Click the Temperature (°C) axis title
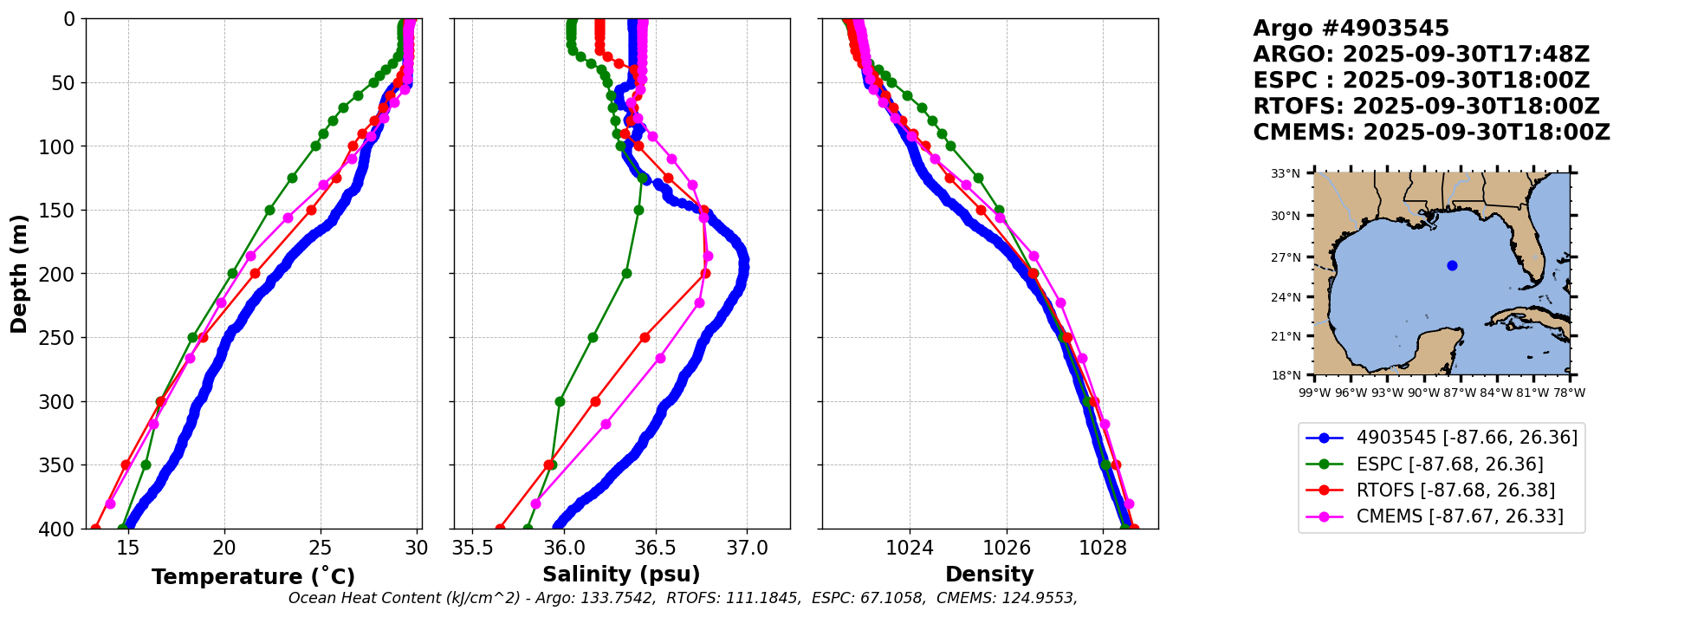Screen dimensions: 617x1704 click(x=253, y=577)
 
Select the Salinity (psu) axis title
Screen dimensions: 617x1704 click(x=621, y=575)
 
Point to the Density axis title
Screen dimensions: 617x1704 click(x=989, y=575)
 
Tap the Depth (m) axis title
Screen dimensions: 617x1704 click(x=19, y=274)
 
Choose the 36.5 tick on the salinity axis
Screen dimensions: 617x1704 click(x=655, y=548)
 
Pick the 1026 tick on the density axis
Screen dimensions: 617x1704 click(x=1007, y=548)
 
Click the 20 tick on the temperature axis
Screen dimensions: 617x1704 click(x=224, y=548)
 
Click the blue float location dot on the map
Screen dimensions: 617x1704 click(x=1452, y=265)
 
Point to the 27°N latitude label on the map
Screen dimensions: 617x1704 click(x=1286, y=257)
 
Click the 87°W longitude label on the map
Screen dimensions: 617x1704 click(x=1460, y=393)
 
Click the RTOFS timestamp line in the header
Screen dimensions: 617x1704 click(x=1426, y=107)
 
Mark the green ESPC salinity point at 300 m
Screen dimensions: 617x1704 click(x=560, y=401)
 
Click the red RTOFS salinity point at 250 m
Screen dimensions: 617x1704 click(x=645, y=337)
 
